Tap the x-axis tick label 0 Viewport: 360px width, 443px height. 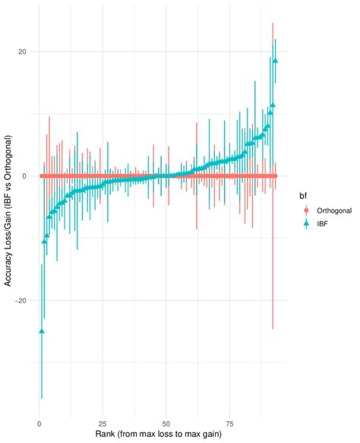coord(39,423)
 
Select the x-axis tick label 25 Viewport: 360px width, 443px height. coord(101,423)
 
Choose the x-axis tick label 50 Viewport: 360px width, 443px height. coord(165,423)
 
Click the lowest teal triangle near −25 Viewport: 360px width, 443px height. coord(42,331)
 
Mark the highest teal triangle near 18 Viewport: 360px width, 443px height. coord(276,61)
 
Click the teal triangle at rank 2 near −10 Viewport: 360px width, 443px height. coord(44,241)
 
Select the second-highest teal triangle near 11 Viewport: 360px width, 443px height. coord(273,105)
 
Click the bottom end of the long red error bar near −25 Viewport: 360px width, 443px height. coord(273,328)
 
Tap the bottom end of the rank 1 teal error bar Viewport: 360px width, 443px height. coord(42,398)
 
